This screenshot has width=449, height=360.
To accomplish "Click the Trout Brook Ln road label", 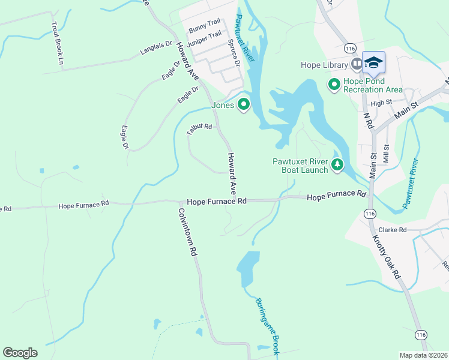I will click(x=58, y=43).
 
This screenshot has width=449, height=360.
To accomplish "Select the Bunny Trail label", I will click(x=204, y=26).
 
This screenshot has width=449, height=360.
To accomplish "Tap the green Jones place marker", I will click(x=244, y=105).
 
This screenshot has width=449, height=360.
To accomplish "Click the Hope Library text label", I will click(x=324, y=65).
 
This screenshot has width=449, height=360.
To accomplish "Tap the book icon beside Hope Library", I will click(x=357, y=63).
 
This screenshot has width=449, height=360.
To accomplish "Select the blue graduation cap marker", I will click(x=373, y=62).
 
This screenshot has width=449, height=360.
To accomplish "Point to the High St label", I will click(x=381, y=103).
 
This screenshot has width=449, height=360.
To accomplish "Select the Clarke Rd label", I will click(x=392, y=230).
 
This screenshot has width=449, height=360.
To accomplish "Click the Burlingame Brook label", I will click(x=267, y=327).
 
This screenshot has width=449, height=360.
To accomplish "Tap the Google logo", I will click(x=20, y=353).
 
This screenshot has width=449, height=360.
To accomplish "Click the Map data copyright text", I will click(x=423, y=355).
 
